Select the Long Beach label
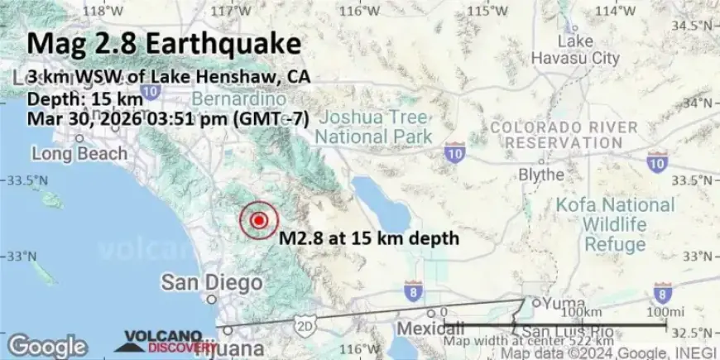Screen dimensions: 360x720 [79, 154]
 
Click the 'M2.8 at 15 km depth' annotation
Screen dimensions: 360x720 [368, 239]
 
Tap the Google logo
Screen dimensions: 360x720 [47, 345]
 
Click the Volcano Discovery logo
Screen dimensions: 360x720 [166, 341]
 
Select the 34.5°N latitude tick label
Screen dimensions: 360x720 [694, 26]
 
